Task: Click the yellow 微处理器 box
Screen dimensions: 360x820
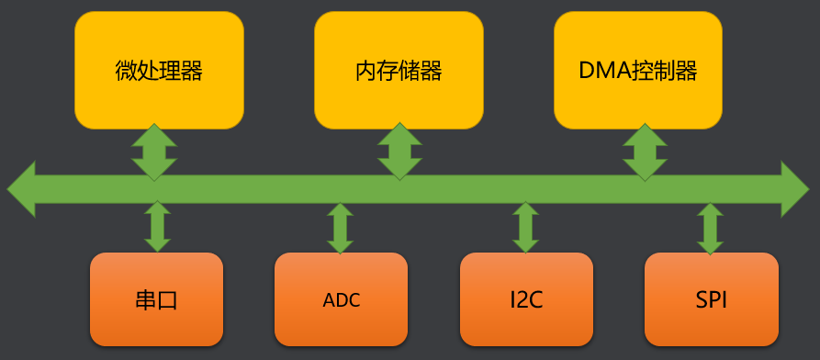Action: click(x=159, y=70)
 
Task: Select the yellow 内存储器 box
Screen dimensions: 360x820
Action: click(x=399, y=70)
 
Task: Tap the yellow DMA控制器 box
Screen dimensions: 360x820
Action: click(x=638, y=70)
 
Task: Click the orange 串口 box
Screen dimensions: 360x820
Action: click(x=157, y=299)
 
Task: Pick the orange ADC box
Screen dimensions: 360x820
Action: click(x=342, y=299)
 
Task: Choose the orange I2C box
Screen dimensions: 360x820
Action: click(x=526, y=299)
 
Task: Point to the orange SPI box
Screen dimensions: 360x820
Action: click(x=712, y=299)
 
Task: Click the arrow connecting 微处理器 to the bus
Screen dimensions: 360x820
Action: click(x=154, y=151)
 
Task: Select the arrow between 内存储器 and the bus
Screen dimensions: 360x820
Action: click(x=400, y=151)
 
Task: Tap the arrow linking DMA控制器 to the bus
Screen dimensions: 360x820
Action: click(x=646, y=151)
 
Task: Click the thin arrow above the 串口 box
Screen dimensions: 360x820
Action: click(x=157, y=227)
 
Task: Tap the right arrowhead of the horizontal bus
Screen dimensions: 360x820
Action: click(x=795, y=189)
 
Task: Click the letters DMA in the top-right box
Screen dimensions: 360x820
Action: click(x=604, y=71)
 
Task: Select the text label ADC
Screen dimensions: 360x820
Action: click(x=342, y=300)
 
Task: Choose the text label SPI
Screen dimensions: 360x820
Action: click(x=712, y=300)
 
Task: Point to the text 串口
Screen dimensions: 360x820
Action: click(x=157, y=300)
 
